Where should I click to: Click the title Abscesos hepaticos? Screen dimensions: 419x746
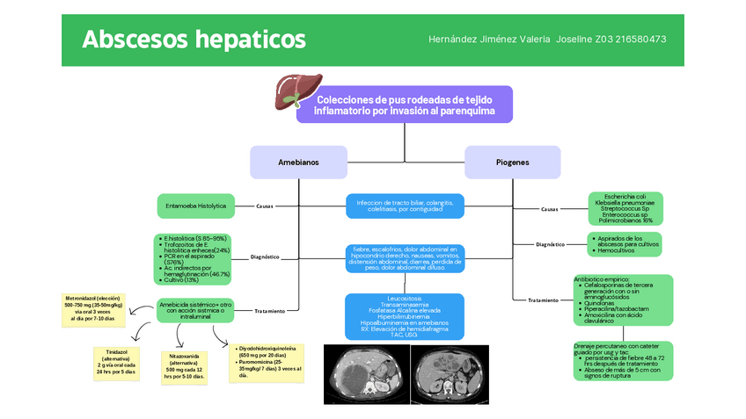194,40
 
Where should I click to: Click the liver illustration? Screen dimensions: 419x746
292,90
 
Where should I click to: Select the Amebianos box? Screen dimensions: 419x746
298,163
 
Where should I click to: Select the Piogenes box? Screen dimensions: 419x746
512,163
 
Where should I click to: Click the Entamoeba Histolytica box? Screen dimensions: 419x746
195,206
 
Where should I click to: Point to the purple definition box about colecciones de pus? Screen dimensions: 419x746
405,105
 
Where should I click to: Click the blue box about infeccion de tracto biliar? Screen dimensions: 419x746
405,206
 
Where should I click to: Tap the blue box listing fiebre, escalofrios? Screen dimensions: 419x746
405,258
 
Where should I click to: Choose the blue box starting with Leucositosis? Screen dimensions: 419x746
405,316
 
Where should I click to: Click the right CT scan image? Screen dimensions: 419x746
448,373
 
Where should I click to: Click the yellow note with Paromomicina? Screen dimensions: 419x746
267,362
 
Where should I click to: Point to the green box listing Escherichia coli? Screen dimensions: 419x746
625,208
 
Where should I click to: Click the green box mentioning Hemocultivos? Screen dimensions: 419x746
624,244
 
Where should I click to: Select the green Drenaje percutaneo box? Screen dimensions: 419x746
623,360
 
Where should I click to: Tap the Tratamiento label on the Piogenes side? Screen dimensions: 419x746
543,300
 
